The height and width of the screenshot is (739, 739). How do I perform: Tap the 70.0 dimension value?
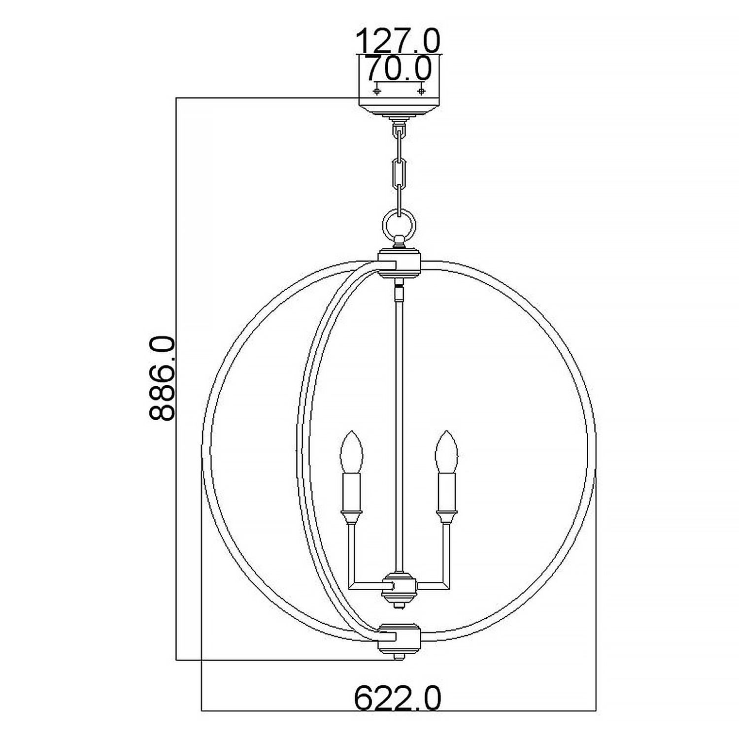398,69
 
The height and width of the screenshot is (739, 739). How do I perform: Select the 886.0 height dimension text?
162,378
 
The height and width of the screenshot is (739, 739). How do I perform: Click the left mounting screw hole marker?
378,91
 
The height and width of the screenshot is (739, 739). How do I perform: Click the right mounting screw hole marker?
421,91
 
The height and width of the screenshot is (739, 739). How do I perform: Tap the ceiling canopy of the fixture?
399,99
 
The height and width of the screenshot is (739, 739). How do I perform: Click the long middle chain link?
400,173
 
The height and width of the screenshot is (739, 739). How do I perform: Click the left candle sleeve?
351,493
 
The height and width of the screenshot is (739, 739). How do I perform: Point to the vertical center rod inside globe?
400,419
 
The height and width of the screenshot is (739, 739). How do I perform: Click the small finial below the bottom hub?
400,657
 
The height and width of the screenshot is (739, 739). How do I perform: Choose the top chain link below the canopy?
400,134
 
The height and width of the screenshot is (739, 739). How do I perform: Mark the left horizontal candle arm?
367,585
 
